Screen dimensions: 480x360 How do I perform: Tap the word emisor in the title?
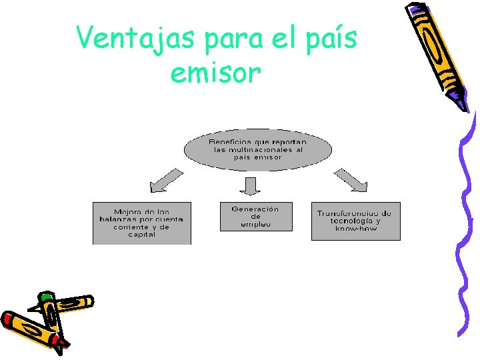coord(215,73)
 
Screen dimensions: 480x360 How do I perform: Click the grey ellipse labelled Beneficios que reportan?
coord(258,150)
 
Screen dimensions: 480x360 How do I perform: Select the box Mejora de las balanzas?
coord(141,223)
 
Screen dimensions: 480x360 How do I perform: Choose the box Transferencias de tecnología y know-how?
coord(356,221)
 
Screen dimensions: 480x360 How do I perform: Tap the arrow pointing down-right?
coord(351,180)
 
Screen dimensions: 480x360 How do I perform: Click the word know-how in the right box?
coord(356,229)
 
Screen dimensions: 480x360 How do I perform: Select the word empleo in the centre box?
coord(255,225)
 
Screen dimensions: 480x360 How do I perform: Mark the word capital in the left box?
coord(141,235)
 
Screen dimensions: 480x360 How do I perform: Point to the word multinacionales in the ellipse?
coord(251,150)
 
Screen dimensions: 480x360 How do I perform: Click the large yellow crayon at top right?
coord(437,50)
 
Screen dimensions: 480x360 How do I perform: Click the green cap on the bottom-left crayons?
coord(45,296)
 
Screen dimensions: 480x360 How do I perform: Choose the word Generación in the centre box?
coord(255,209)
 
